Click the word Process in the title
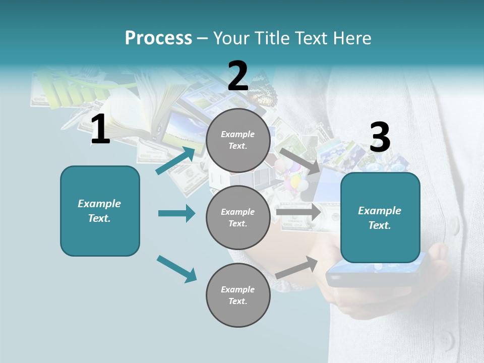pos(158,38)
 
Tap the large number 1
pos(100,130)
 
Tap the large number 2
pos(238,76)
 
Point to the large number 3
pos(380,138)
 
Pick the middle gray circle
pos(238,217)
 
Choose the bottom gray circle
pos(238,295)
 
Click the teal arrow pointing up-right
pos(176,161)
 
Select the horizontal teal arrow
pos(176,213)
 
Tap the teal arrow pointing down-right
pos(176,269)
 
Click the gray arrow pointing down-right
pos(300,161)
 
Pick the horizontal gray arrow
pos(298,212)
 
